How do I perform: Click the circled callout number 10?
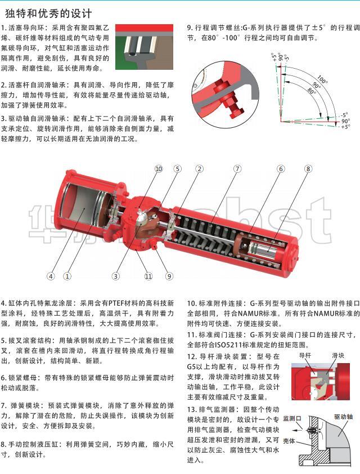pos(159,169)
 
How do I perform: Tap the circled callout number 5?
pos(178,169)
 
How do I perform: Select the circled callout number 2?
pos(199,169)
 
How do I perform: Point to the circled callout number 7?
pos(237,169)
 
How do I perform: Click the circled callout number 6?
pos(281,169)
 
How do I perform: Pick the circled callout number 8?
pos(308,169)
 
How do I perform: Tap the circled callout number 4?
pos(51,276)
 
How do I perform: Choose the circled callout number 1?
pos(67,276)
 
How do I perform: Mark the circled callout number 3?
pos(115,276)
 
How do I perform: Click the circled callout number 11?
pos(148,276)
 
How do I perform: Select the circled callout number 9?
pos(169,276)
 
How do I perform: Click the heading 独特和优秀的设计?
pos(48,14)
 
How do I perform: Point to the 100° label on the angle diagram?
pos(322,79)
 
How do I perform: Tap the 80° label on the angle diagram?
pos(312,90)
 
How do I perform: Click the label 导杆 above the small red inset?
pos(305,356)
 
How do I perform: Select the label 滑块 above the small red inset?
pos(338,356)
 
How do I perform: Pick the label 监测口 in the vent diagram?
pos(292,419)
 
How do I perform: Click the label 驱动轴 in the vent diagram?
pos(343,417)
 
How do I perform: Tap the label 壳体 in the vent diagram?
pos(289,441)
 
